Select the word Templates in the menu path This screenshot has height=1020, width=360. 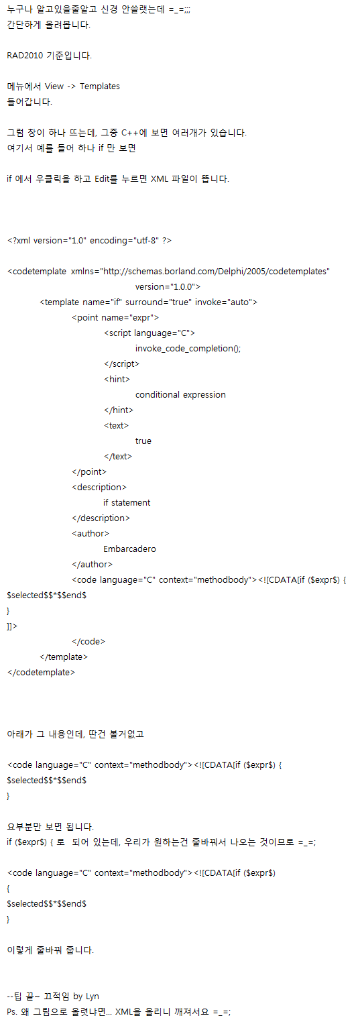[100, 86]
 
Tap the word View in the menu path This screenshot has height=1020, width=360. [54, 86]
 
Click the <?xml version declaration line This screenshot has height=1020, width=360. [89, 241]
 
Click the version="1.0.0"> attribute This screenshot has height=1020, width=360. [168, 287]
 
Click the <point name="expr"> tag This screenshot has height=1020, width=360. [115, 317]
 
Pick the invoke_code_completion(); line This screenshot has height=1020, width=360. [188, 349]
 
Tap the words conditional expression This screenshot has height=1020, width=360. [180, 395]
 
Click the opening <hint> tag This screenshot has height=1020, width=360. [117, 380]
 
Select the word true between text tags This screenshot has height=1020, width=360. [143, 441]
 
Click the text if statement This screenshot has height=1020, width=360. [127, 503]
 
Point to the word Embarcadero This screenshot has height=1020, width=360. [129, 549]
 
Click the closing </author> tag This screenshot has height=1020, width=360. [92, 565]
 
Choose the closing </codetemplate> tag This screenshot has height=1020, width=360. [41, 673]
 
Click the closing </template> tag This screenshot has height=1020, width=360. [64, 657]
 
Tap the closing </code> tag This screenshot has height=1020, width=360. [88, 642]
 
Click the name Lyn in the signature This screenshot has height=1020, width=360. [93, 997]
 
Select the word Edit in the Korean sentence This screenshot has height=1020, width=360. [103, 178]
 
